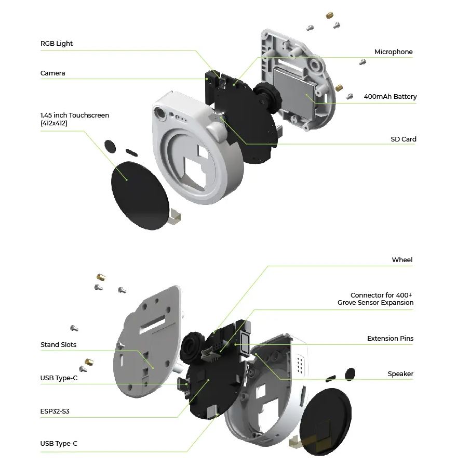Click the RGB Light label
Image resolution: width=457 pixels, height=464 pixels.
coord(57,44)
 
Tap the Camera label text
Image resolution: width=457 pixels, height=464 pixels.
coord(52,73)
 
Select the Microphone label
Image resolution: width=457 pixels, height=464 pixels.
coord(394,52)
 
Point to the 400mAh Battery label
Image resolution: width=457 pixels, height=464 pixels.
coord(390,96)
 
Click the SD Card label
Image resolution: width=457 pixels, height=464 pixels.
coord(404,139)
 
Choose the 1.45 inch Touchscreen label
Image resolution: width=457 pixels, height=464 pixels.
coord(75,115)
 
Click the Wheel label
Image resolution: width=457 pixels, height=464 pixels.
coord(402,260)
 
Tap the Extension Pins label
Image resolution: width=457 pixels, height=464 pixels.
coord(390,338)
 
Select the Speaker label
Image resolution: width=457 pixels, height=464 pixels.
coord(400,373)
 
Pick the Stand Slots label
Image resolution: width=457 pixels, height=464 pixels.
coord(58,344)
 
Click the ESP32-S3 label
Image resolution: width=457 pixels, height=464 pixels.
coord(55,411)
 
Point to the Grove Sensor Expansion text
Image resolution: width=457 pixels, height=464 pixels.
coord(375,302)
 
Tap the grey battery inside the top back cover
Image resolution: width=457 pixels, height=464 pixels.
coord(295,89)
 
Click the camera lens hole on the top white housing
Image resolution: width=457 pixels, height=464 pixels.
coord(160,113)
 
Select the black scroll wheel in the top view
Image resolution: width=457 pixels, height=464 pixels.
coord(267,97)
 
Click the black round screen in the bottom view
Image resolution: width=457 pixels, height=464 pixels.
coord(326,421)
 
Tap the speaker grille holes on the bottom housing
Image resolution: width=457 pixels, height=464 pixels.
coord(300,364)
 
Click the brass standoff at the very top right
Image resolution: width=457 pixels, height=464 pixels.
coord(330,15)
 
